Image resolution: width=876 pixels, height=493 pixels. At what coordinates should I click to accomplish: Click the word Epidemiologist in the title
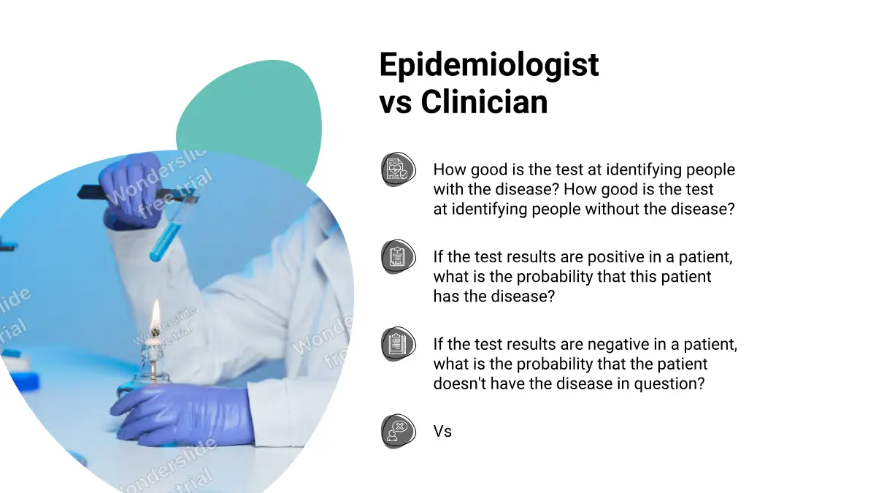489,65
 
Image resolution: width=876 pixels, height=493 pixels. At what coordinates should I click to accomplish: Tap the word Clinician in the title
484,102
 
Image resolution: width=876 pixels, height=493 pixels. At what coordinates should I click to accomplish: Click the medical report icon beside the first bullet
398,169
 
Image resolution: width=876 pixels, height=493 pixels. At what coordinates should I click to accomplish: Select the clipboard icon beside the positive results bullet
398,256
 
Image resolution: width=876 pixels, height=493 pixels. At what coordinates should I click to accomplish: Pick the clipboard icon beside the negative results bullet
398,344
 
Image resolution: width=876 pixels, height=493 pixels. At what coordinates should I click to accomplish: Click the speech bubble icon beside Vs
398,431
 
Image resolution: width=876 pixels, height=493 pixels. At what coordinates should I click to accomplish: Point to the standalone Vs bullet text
442,431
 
